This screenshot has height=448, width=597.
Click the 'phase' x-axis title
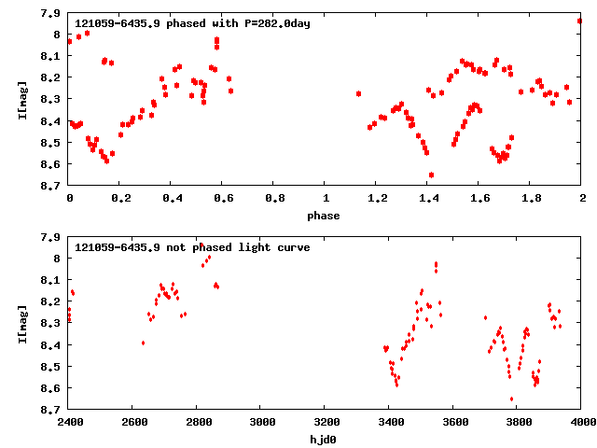coord(325,216)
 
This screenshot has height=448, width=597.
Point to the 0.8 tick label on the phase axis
coord(274,200)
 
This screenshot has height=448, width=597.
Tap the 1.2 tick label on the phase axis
coord(377,200)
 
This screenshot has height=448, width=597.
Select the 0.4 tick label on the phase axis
coord(172,200)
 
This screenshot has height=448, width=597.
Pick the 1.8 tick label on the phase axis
coord(531,200)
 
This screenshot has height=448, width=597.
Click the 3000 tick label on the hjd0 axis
coord(261,422)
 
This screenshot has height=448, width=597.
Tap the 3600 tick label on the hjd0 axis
coord(453,422)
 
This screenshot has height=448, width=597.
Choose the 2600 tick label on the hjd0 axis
coord(133,422)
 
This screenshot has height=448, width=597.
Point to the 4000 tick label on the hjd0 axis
coord(581,422)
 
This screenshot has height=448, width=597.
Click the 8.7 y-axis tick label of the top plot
coord(52,186)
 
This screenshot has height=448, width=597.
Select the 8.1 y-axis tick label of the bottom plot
coord(52,280)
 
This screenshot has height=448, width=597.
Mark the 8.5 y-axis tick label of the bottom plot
coord(52,366)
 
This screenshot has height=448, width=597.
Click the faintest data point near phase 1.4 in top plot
coord(431,175)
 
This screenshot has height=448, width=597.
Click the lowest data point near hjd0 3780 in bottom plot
coord(511,399)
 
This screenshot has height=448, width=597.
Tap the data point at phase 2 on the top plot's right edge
coord(579,21)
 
